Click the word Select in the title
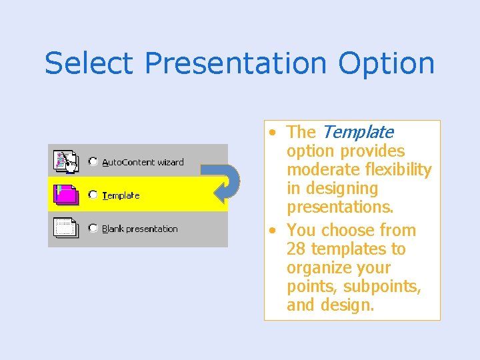point(89,63)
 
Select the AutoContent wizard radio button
point(93,161)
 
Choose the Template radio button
point(93,195)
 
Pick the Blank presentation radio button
point(93,228)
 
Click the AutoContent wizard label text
point(143,162)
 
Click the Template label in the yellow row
point(121,195)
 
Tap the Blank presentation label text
point(140,229)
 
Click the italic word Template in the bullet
point(357,133)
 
